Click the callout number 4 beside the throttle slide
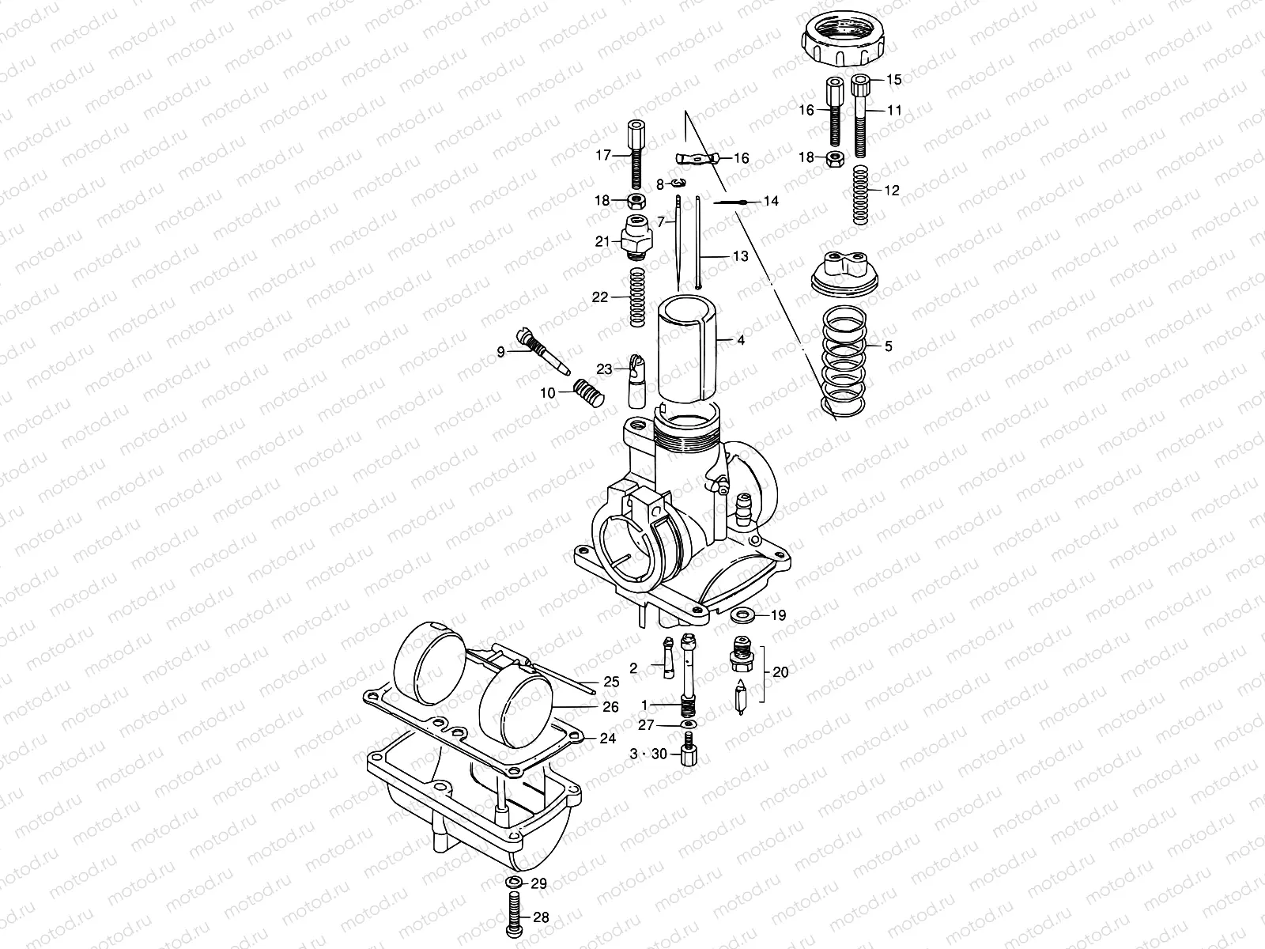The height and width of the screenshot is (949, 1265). pos(741,340)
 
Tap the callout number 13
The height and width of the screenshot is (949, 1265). pos(740,256)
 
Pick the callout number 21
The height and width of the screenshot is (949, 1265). pos(602,241)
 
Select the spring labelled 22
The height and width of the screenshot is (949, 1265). pos(638,297)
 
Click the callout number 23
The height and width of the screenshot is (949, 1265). pos(604,369)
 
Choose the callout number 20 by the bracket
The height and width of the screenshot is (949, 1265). pos(780,673)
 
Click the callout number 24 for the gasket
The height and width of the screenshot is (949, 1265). pos(607,739)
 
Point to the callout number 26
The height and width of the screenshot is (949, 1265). pos(610,707)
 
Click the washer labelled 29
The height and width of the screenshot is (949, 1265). pos(513,883)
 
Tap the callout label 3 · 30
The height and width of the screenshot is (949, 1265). pos(648,754)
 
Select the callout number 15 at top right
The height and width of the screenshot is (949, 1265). pos(893,79)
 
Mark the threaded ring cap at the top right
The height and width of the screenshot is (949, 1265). pos(846,41)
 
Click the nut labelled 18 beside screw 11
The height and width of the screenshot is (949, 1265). pos(833,158)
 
